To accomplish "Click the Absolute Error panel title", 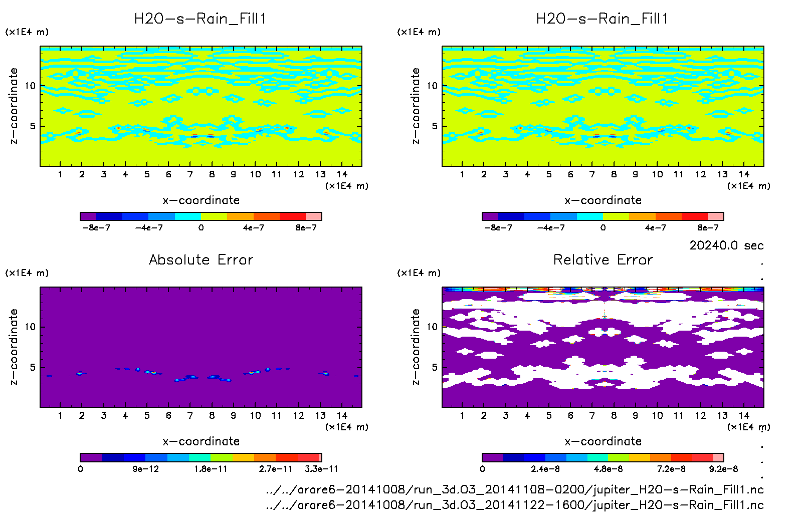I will pyautogui.click(x=201, y=259).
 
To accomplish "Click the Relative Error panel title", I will pyautogui.click(x=603, y=259).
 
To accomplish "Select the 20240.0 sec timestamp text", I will pyautogui.click(x=726, y=245).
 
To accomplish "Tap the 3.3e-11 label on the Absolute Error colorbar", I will pyautogui.click(x=321, y=469).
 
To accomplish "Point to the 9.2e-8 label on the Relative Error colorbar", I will pyautogui.click(x=723, y=469).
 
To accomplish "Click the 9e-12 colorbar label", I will pyautogui.click(x=145, y=469).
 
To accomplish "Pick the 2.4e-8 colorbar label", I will pyautogui.click(x=545, y=469).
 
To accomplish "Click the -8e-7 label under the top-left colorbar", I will pyautogui.click(x=96, y=227).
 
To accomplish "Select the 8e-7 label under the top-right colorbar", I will pyautogui.click(x=708, y=227).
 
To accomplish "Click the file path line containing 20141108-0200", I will pyautogui.click(x=515, y=489).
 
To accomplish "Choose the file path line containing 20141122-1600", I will pyautogui.click(x=515, y=504).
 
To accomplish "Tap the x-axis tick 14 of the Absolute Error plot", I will pyautogui.click(x=342, y=415).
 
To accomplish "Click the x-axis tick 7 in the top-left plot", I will pyautogui.click(x=190, y=174).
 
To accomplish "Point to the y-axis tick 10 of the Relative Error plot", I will pyautogui.click(x=432, y=327).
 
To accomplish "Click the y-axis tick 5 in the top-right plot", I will pyautogui.click(x=435, y=126).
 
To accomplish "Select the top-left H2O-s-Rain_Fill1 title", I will pyautogui.click(x=200, y=19).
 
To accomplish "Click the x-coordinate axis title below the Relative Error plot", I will pyautogui.click(x=603, y=441).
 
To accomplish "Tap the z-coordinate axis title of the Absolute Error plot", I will pyautogui.click(x=14, y=347).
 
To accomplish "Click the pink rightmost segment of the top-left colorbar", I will pyautogui.click(x=314, y=216).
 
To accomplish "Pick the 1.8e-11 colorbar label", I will pyautogui.click(x=211, y=469).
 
